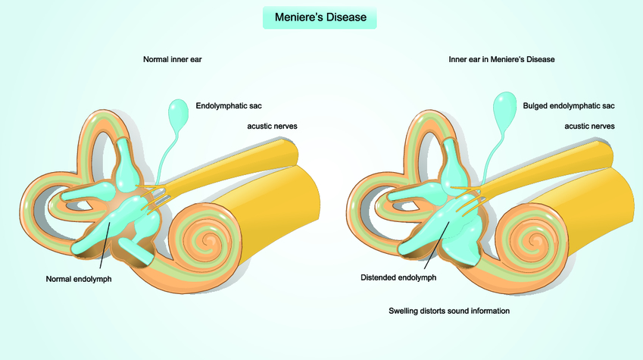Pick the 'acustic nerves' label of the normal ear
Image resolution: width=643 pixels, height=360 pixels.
pyautogui.click(x=271, y=125)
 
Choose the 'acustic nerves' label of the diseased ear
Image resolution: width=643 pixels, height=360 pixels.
pyautogui.click(x=589, y=125)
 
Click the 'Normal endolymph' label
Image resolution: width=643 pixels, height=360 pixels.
pyautogui.click(x=79, y=279)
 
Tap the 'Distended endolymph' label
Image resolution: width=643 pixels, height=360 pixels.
pyautogui.click(x=398, y=277)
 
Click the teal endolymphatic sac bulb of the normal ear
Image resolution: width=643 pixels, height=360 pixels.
pyautogui.click(x=179, y=114)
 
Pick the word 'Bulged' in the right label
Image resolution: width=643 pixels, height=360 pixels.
pyautogui.click(x=536, y=105)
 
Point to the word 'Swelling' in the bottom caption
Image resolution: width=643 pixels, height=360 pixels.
pyautogui.click(x=405, y=311)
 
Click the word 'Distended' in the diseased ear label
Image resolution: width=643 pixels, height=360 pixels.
pyautogui.click(x=380, y=277)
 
